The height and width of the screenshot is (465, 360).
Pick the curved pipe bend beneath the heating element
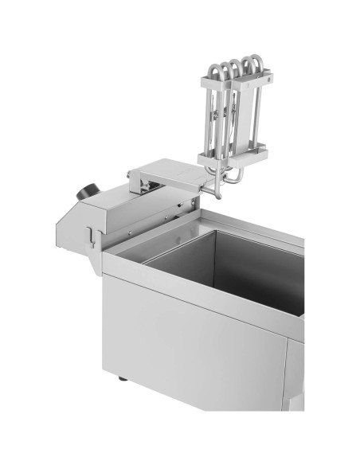[230, 181]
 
